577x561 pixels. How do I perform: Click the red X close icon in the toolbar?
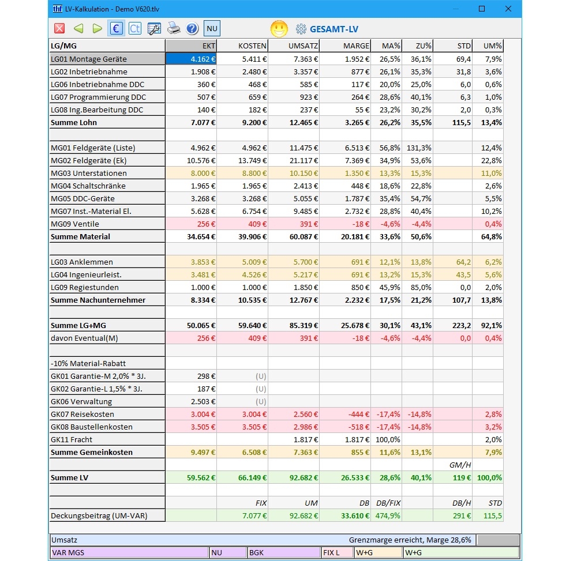59,28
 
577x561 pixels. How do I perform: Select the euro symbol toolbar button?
115,28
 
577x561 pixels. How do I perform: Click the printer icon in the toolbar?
174,28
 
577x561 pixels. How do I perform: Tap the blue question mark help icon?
192,28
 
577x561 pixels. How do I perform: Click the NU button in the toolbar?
212,28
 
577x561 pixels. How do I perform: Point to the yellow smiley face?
279,28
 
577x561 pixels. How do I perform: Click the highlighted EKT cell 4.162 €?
192,59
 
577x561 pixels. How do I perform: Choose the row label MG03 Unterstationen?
89,173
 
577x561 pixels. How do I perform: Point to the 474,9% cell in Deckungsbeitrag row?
387,515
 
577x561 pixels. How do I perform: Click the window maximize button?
482,9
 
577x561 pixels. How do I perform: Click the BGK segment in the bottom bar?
283,552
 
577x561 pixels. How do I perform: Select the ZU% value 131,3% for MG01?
417,148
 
